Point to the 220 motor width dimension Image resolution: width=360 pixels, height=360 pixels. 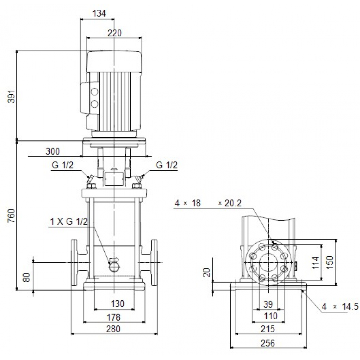pyautogui.click(x=114, y=33)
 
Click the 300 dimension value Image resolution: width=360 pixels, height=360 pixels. pyautogui.click(x=53, y=151)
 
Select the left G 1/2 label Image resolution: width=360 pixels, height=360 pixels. pyautogui.click(x=62, y=165)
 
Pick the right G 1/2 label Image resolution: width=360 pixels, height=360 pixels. pyautogui.click(x=167, y=165)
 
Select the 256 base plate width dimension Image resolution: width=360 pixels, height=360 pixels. pyautogui.click(x=268, y=342)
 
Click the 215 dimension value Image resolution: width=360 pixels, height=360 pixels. pyautogui.click(x=268, y=329)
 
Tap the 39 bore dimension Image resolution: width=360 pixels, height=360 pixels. pyautogui.click(x=268, y=304)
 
